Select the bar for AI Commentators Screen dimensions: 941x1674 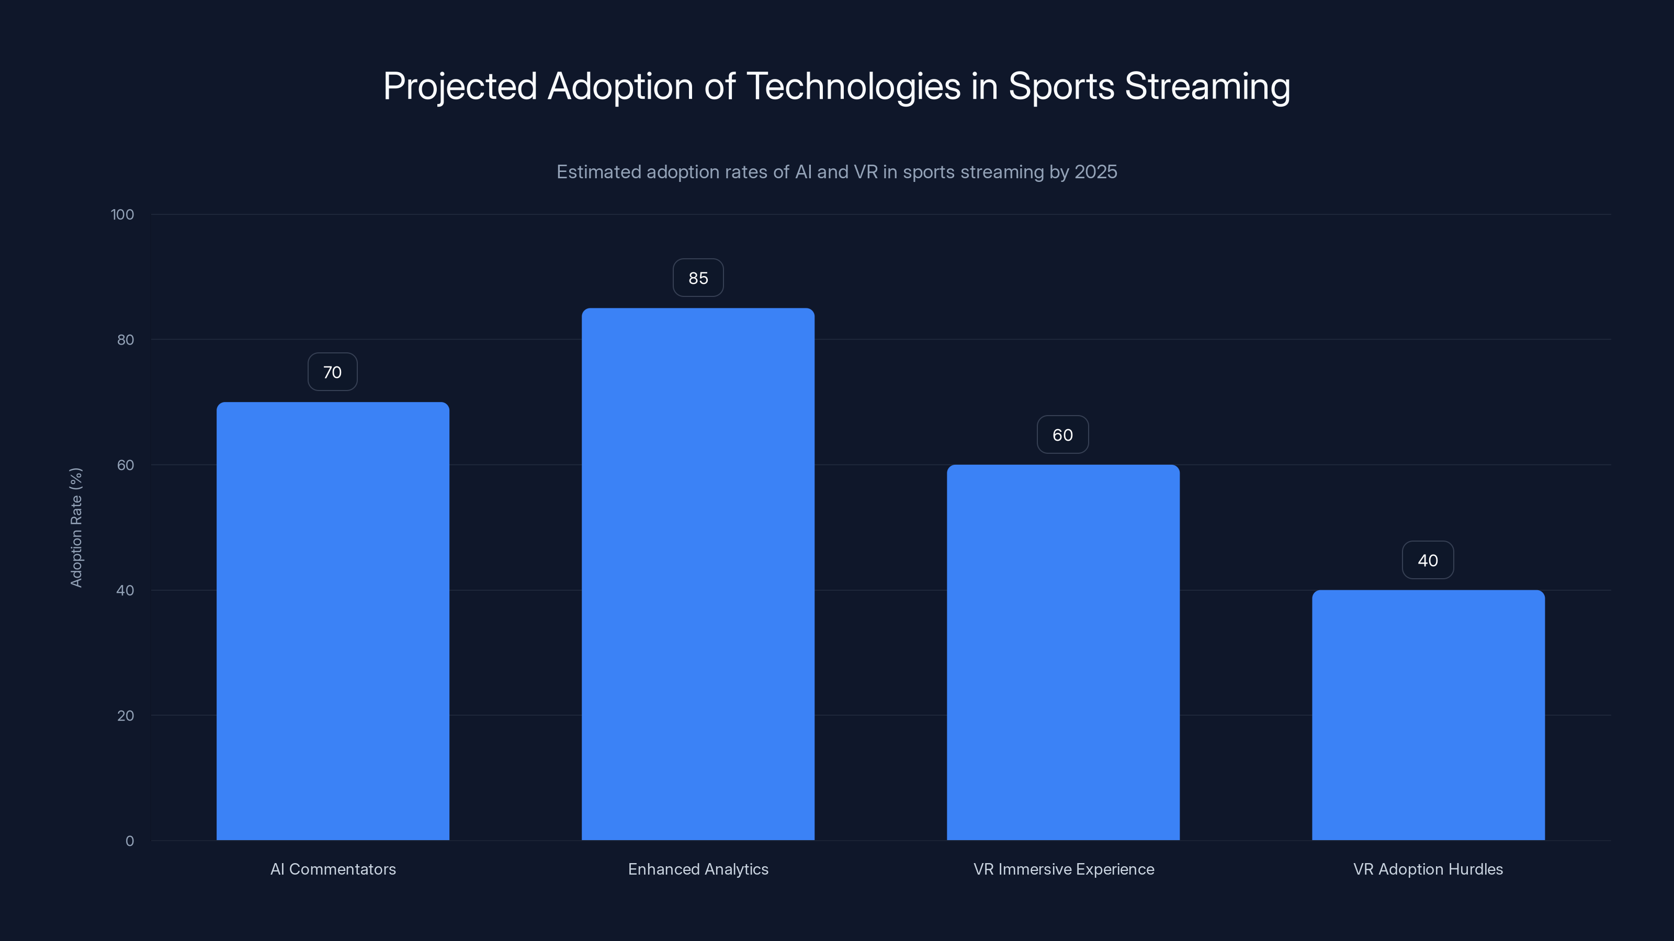click(333, 621)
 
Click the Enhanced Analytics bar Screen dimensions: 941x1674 click(698, 574)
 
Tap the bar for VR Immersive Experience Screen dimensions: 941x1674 click(1063, 652)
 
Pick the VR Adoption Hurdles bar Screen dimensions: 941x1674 click(1428, 715)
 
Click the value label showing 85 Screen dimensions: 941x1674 click(698, 278)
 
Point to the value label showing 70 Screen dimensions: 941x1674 click(332, 372)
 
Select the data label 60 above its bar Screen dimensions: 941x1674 click(1062, 435)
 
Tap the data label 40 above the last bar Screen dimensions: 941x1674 click(1428, 560)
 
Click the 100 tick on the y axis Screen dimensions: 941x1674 click(122, 215)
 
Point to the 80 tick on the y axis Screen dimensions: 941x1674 click(126, 340)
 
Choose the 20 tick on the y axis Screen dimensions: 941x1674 click(126, 716)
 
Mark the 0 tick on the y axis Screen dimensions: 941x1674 click(130, 841)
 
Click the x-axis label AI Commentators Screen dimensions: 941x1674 click(333, 869)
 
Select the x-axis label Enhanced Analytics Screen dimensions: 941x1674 click(698, 869)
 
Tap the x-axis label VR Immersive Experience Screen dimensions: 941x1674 click(1063, 869)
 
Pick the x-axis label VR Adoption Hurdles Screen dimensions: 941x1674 click(1428, 869)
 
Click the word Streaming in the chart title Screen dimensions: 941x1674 click(1207, 86)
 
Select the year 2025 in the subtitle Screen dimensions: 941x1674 click(1095, 172)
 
